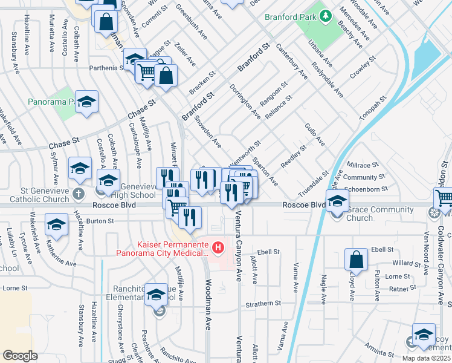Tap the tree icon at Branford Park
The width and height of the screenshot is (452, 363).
[x=326, y=15]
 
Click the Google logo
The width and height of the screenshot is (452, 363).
[x=19, y=356]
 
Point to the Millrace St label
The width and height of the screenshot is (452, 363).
[x=362, y=164]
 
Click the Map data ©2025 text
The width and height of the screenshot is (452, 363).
[x=426, y=358]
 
